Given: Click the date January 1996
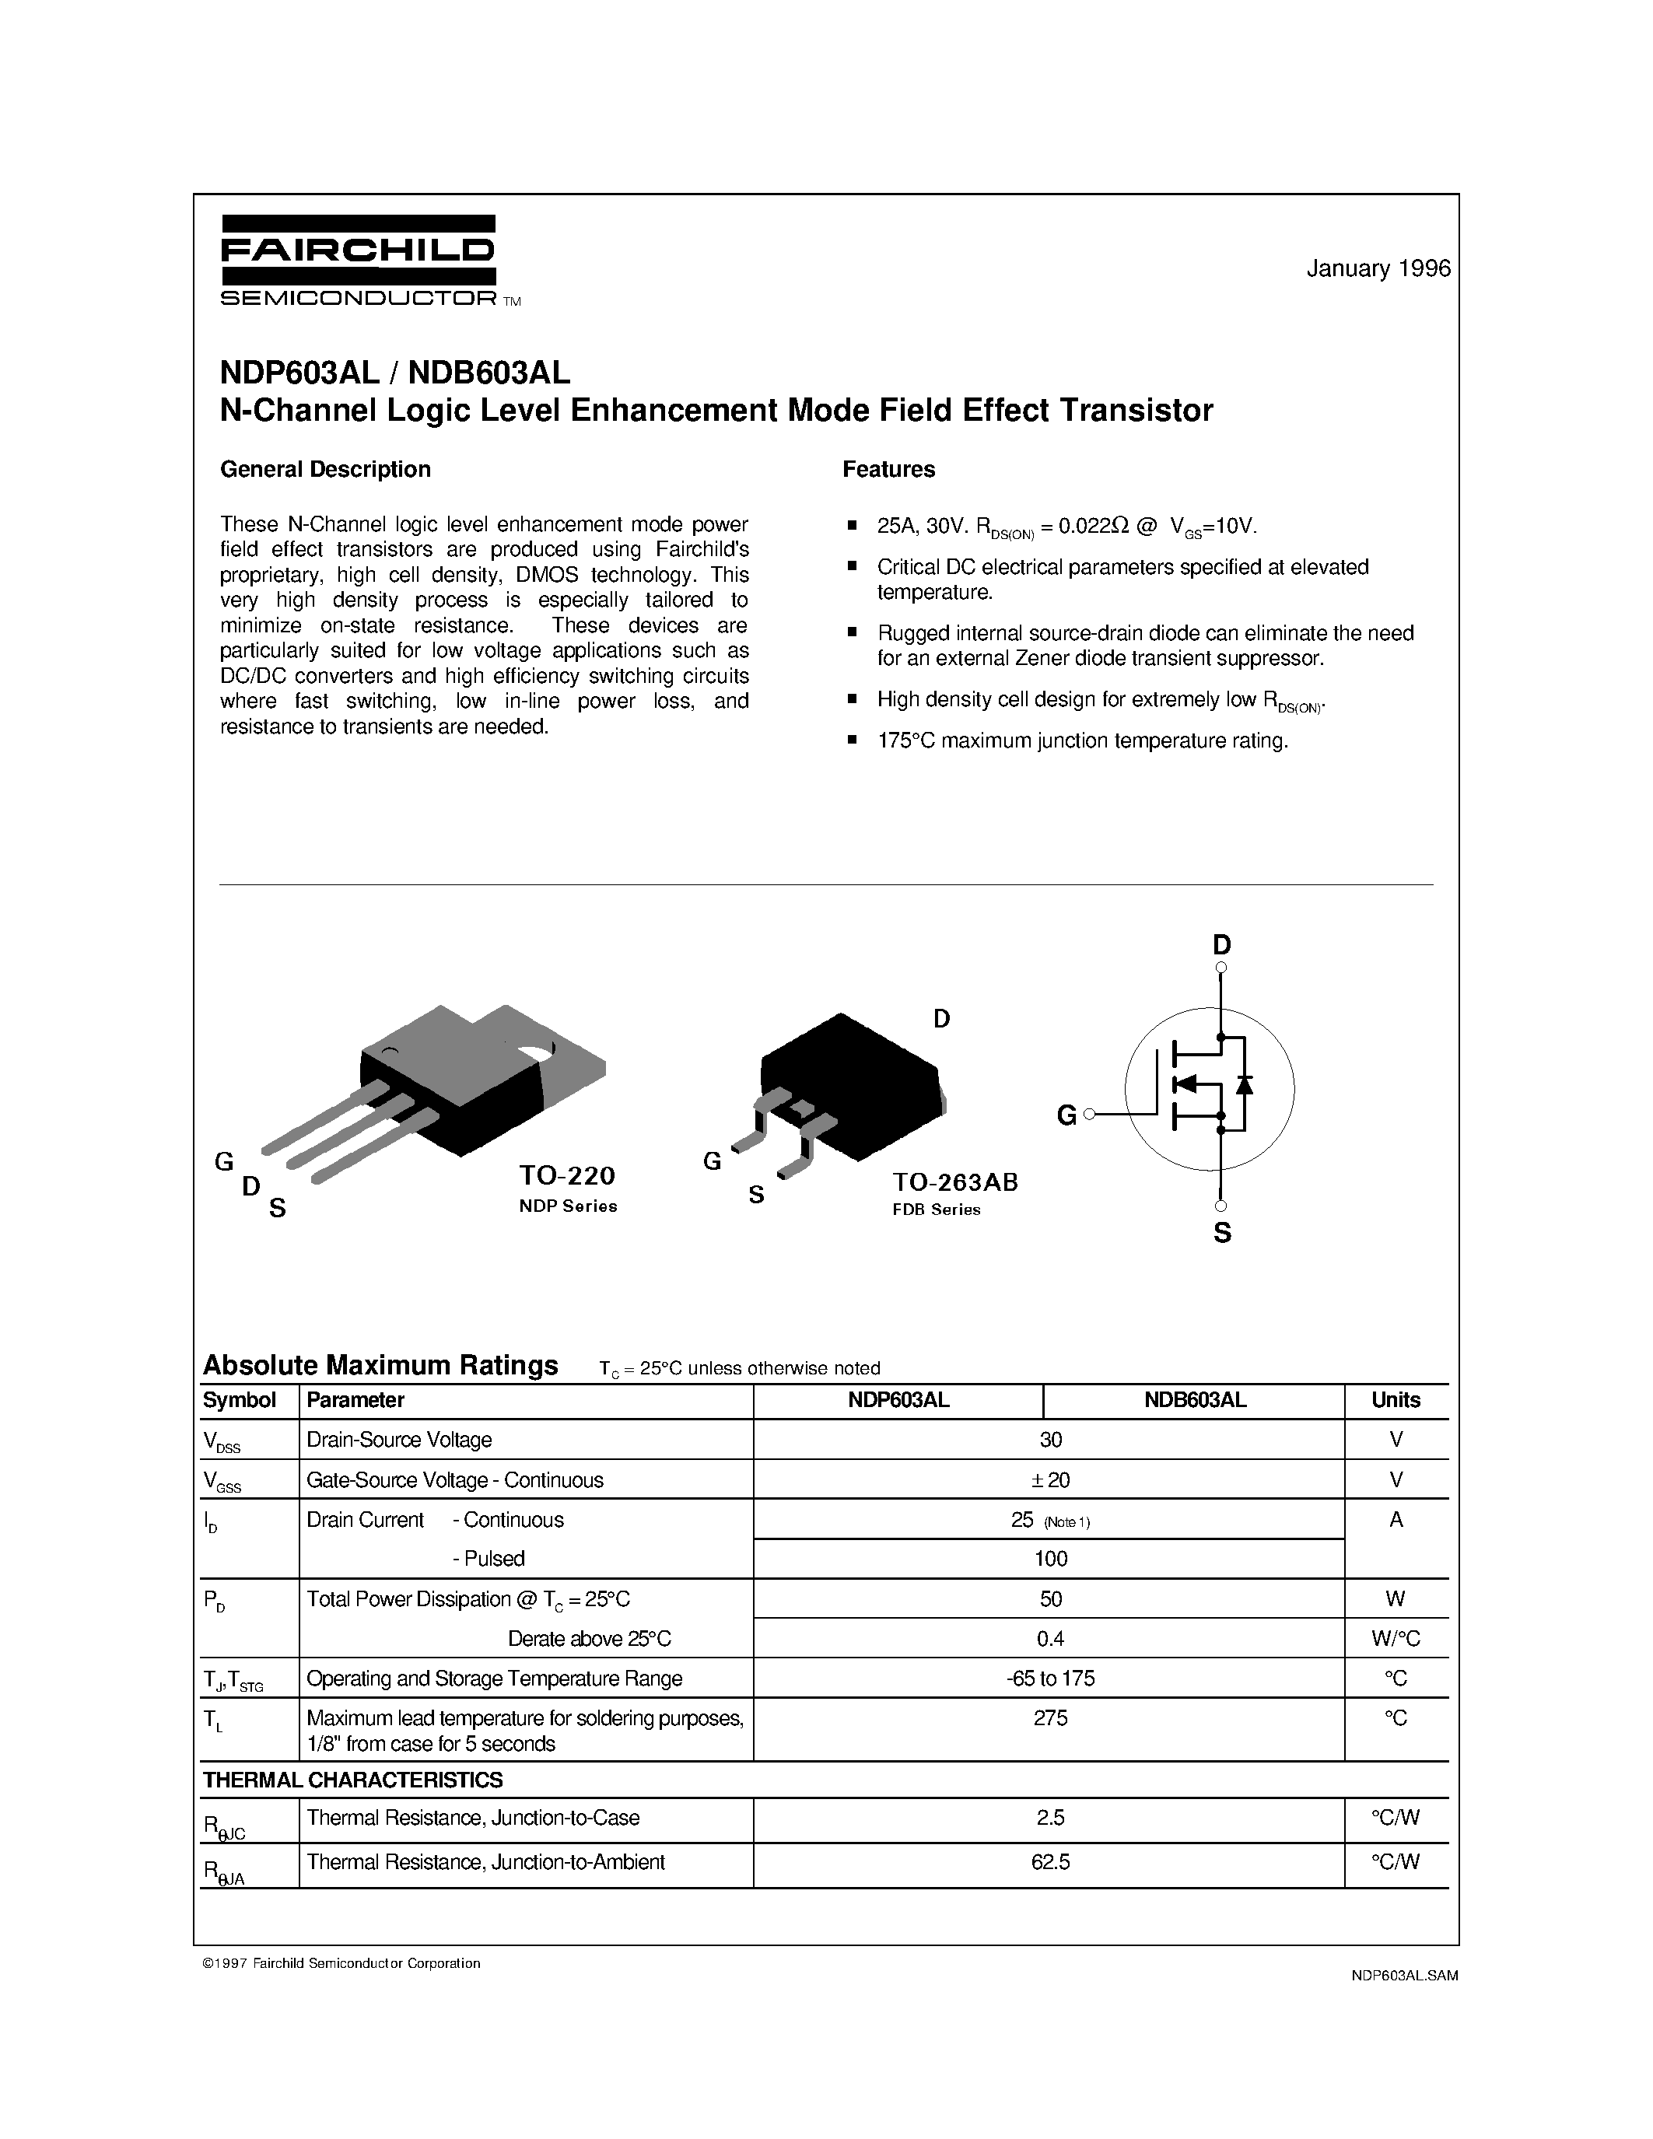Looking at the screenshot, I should (1378, 268).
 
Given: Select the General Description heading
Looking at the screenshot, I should (325, 469).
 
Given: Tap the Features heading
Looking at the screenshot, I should (888, 469).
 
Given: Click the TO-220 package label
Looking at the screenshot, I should (567, 1175).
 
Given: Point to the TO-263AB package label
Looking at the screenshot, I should (954, 1182).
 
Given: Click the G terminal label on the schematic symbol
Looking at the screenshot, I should (1066, 1115).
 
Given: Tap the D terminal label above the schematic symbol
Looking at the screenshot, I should (1221, 945).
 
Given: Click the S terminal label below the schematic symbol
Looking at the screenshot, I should (1222, 1234).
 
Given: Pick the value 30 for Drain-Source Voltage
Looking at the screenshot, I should (1050, 1440).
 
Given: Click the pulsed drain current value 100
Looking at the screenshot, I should (1050, 1558).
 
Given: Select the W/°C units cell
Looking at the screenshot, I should (1396, 1639).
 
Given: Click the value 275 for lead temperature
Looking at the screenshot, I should (1050, 1718).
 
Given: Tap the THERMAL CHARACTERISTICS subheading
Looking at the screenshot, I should (352, 1780).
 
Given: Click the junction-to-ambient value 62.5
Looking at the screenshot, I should (1050, 1862).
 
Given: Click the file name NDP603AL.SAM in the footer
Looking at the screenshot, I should (1403, 1976).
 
